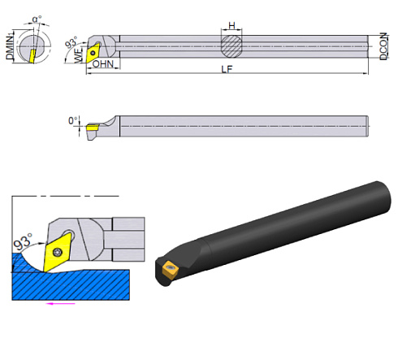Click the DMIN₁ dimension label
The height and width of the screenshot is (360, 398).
[x=10, y=44]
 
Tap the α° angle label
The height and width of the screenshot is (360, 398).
[x=37, y=18]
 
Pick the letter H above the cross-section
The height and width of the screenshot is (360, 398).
[x=232, y=25]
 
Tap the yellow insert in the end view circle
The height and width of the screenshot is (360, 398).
[x=32, y=54]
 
